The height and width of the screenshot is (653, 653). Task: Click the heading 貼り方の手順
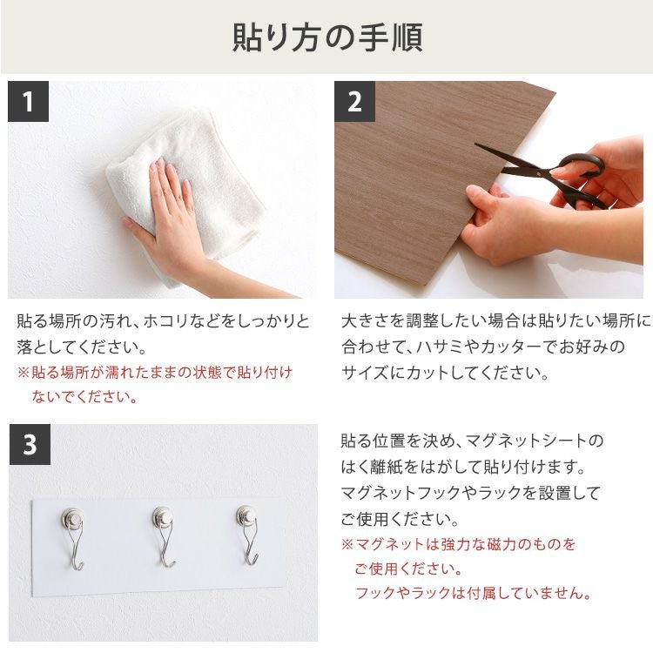point(326,37)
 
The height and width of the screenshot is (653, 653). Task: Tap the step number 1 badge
point(28,102)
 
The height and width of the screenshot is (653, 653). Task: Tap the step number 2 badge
point(354,102)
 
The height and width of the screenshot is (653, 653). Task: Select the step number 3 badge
point(30,445)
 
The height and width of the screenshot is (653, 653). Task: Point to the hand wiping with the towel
point(170,218)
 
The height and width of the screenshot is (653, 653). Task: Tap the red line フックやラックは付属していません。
point(473,594)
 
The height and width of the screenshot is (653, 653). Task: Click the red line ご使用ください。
point(407,569)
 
